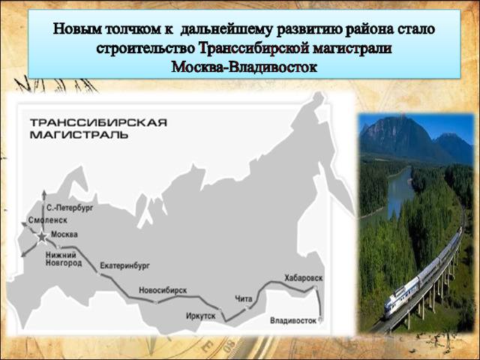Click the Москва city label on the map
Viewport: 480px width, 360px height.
64,235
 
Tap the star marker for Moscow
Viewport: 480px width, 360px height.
42,237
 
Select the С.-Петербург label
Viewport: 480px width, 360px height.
70,208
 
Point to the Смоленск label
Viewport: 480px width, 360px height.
48,220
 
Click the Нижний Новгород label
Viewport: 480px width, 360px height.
64,259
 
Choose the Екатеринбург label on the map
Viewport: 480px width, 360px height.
125,265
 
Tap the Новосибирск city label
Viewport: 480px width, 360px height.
163,290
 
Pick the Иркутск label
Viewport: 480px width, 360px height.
201,316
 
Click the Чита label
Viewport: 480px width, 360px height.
244,298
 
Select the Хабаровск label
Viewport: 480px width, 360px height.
304,278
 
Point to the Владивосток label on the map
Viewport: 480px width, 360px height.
293,320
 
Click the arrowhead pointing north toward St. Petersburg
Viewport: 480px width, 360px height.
44,193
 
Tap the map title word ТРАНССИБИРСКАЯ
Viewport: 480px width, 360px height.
98,122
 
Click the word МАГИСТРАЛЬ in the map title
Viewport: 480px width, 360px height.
79,135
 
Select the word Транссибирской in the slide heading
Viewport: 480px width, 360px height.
253,49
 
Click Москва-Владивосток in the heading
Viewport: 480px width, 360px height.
244,67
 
